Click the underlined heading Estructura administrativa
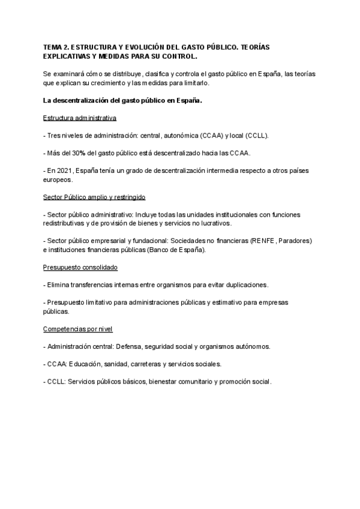pos(80,118)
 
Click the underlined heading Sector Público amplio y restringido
pos(94,197)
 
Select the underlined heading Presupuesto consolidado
pos(80,268)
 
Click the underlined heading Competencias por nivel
pos(78,329)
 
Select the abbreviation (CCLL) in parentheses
pos(253,136)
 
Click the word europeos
pos(58,179)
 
